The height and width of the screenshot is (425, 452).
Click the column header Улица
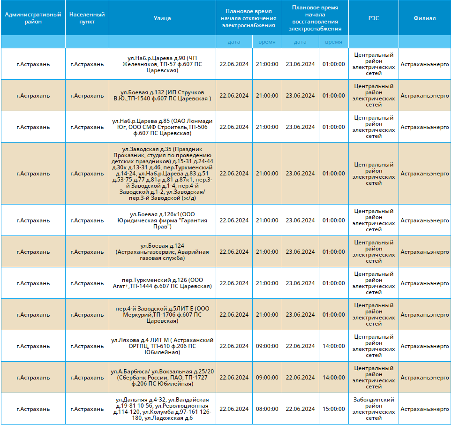pyautogui.click(x=162, y=18)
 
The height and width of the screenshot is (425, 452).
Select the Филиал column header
pyautogui.click(x=425, y=18)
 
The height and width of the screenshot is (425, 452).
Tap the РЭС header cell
pyautogui.click(x=373, y=18)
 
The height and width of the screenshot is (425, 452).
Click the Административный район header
pyautogui.click(x=33, y=18)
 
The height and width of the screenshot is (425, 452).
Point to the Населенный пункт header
pyautogui.click(x=87, y=18)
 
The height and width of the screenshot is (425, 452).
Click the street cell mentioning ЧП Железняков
pyautogui.click(x=162, y=64)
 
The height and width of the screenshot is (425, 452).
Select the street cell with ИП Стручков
pyautogui.click(x=162, y=96)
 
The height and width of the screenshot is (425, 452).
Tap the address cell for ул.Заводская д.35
pyautogui.click(x=162, y=174)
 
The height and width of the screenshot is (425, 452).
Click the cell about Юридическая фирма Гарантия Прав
pyautogui.click(x=162, y=220)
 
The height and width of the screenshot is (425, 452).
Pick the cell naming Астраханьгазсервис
pyautogui.click(x=162, y=252)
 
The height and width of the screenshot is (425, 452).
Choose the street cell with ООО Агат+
pyautogui.click(x=162, y=283)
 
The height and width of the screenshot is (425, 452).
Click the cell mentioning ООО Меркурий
pyautogui.click(x=162, y=315)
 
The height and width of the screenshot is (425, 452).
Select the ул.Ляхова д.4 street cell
pyautogui.click(x=162, y=346)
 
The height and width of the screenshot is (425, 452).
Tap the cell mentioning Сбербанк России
pyautogui.click(x=162, y=378)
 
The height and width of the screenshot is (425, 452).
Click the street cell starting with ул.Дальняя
pyautogui.click(x=162, y=409)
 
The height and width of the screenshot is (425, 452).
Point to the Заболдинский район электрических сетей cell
pyautogui.click(x=373, y=409)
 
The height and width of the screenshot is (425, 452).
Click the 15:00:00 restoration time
pyautogui.click(x=333, y=409)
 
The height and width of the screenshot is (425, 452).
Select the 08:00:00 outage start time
pyautogui.click(x=267, y=409)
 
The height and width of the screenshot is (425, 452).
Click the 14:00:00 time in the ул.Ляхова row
pyautogui.click(x=333, y=346)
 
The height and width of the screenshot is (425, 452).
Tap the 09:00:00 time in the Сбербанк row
pyautogui.click(x=267, y=378)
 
